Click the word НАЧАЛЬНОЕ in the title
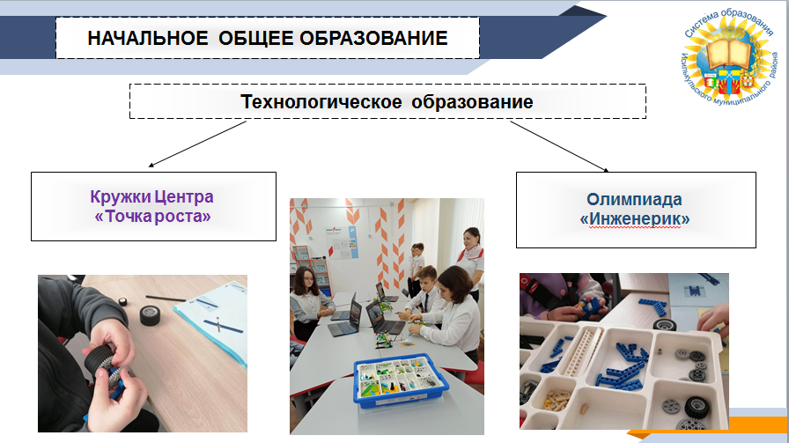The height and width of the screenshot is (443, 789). point(148,38)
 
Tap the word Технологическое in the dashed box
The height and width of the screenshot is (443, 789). point(321,102)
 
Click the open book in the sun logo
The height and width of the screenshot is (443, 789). point(727,53)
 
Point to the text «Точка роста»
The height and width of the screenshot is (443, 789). point(153,217)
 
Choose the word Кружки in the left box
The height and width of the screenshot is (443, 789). point(119,196)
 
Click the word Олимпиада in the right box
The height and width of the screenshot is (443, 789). point(635,199)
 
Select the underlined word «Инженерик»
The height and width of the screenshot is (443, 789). point(635,219)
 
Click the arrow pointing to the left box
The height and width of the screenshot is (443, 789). point(197,144)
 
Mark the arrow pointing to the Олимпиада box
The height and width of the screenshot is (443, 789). point(559,146)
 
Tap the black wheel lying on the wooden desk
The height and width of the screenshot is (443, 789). point(150,315)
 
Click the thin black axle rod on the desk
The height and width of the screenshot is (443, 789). point(166,299)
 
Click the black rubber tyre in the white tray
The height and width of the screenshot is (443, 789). point(697,406)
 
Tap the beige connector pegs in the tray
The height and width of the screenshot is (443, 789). point(557,400)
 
